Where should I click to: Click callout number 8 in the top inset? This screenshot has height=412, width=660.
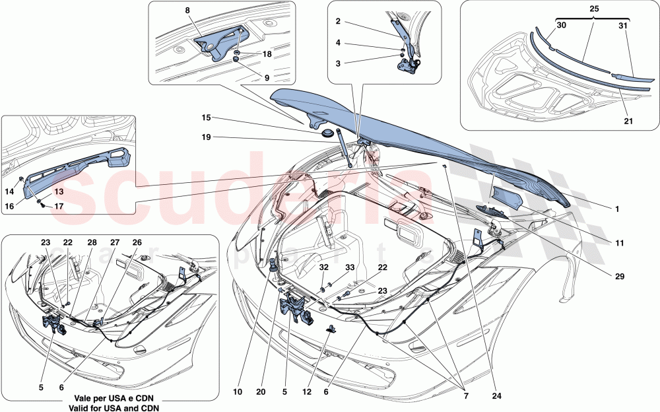(187, 11)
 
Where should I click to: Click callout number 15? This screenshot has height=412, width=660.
(207, 118)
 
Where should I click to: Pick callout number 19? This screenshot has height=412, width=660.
(207, 138)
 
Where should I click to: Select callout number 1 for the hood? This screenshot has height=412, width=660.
(616, 209)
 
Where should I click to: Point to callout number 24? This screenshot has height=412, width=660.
(496, 397)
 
